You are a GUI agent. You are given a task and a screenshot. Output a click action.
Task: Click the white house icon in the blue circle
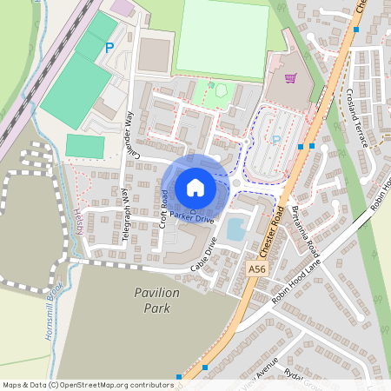pos(195,187)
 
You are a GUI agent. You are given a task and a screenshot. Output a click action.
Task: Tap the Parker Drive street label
pos(191,217)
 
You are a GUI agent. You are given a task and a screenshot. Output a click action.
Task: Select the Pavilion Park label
pos(157,300)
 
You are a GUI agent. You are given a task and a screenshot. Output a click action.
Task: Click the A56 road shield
pos(256,269)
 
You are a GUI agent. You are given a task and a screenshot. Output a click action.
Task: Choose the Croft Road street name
pos(162,202)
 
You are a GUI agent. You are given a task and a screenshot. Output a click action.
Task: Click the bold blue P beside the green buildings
pos(109,49)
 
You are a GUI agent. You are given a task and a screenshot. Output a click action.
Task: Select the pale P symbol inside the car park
pos(276,139)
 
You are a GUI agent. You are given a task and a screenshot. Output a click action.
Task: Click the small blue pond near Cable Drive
pos(235,229)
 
